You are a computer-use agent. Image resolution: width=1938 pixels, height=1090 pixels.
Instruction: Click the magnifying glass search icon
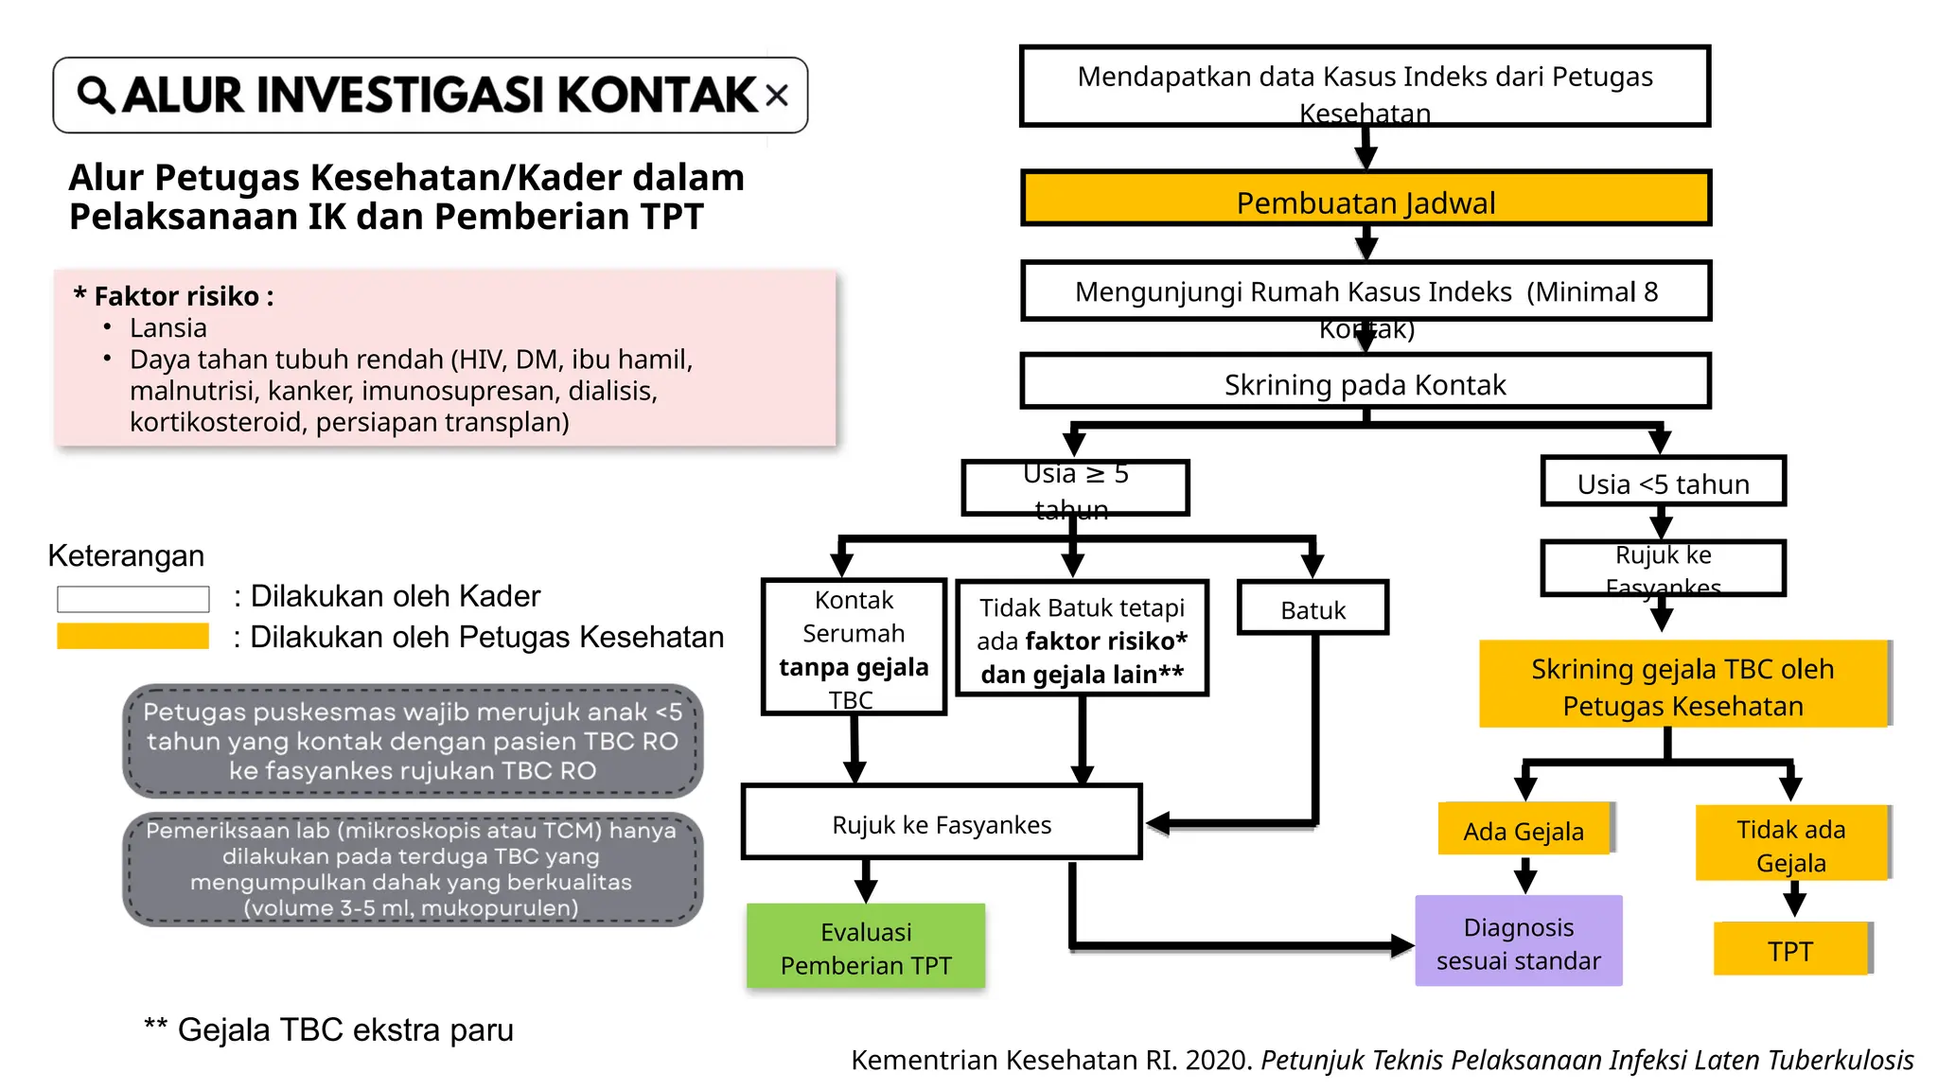click(96, 96)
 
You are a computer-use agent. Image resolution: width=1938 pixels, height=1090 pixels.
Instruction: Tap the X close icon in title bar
click(777, 95)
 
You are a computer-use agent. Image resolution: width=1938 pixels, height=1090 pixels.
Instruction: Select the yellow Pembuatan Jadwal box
click(1365, 200)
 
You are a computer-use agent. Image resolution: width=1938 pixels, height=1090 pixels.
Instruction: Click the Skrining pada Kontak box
click(1365, 382)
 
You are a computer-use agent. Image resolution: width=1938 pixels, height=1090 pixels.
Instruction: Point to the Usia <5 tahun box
click(1663, 483)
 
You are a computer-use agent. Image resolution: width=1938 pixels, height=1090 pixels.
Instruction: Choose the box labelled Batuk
click(1313, 608)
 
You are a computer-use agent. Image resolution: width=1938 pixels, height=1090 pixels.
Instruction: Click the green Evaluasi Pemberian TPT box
click(866, 947)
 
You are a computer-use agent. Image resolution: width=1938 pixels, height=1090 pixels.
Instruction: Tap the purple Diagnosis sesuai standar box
click(1518, 942)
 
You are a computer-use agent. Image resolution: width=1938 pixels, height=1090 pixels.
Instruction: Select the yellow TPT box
click(1791, 949)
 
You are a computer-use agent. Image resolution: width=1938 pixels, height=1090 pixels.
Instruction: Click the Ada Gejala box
click(1524, 830)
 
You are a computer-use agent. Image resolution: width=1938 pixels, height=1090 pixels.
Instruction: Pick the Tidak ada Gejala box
click(1791, 844)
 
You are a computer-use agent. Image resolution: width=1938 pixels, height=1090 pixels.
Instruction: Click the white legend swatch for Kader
click(132, 599)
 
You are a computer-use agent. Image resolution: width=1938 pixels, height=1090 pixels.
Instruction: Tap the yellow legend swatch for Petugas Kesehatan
click(132, 637)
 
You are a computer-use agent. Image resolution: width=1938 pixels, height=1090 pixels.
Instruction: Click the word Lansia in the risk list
click(168, 328)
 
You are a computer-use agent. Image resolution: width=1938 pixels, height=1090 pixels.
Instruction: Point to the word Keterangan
click(126, 555)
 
